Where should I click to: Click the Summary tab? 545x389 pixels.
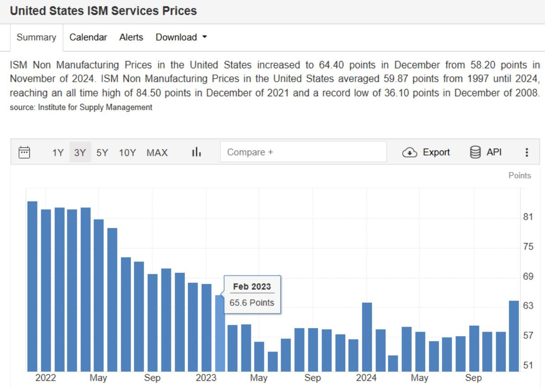(x=36, y=37)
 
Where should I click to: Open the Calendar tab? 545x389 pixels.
(x=88, y=37)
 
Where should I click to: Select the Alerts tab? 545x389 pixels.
(x=131, y=37)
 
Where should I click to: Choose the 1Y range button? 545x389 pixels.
(x=58, y=153)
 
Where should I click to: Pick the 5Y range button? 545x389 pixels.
(x=102, y=153)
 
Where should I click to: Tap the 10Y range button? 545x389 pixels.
(x=127, y=153)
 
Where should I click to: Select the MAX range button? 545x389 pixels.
(x=157, y=153)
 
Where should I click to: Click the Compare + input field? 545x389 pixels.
(x=303, y=152)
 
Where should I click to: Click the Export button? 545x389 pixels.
(x=426, y=152)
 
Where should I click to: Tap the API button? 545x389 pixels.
(x=486, y=152)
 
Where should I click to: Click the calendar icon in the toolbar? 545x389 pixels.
(x=24, y=152)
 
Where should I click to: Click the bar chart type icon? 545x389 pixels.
(x=196, y=152)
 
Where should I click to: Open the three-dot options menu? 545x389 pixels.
(x=526, y=153)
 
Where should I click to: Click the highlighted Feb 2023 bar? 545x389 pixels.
(x=220, y=334)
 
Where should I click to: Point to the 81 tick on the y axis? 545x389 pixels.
(x=528, y=217)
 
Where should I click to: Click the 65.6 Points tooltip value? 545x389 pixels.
(x=252, y=303)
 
